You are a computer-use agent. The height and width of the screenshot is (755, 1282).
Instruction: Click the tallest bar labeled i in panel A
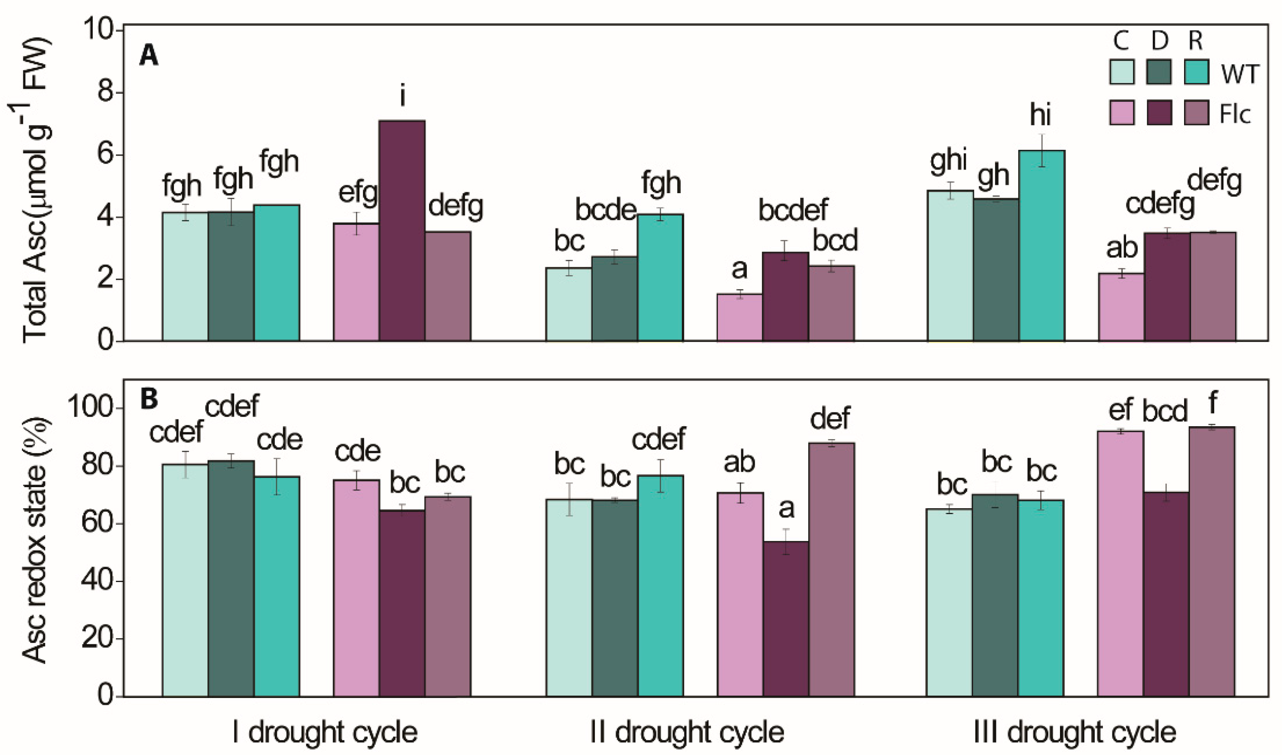click(x=402, y=230)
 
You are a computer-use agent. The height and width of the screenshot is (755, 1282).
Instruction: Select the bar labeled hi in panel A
click(x=1042, y=246)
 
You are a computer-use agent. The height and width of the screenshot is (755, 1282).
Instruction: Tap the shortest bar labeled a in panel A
click(x=740, y=318)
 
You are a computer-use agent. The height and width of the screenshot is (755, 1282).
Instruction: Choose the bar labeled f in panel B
click(x=1212, y=562)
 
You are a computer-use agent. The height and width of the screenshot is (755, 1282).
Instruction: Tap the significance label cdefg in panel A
click(x=1160, y=206)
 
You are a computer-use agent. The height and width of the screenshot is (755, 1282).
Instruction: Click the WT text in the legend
click(x=1238, y=74)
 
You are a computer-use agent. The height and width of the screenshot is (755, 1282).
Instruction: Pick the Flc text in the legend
click(x=1234, y=115)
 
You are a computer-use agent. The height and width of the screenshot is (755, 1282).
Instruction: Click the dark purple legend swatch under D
click(x=1159, y=112)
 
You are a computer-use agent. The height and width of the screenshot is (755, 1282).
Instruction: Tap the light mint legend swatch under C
click(x=1122, y=72)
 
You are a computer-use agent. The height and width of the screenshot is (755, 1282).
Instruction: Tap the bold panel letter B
click(x=149, y=400)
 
